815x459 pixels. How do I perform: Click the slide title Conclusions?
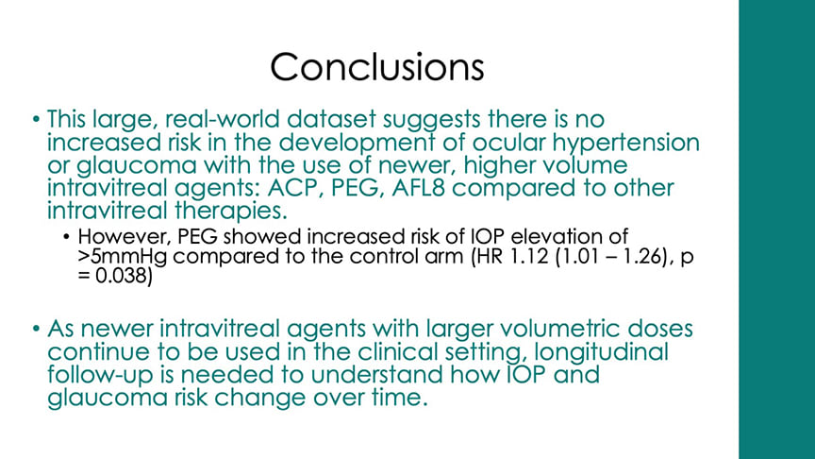[x=377, y=67]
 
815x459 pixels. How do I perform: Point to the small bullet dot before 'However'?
[x=67, y=235]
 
